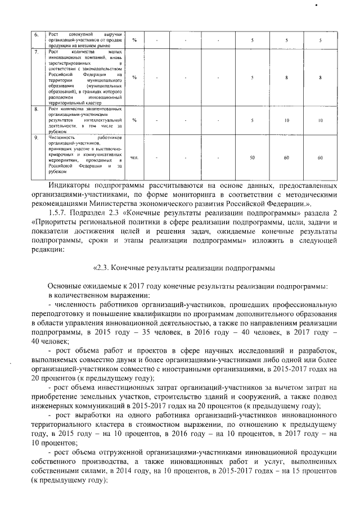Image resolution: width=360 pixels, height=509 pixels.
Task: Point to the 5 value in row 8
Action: pos(252,120)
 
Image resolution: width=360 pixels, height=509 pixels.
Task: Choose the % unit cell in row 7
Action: pos(134,77)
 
